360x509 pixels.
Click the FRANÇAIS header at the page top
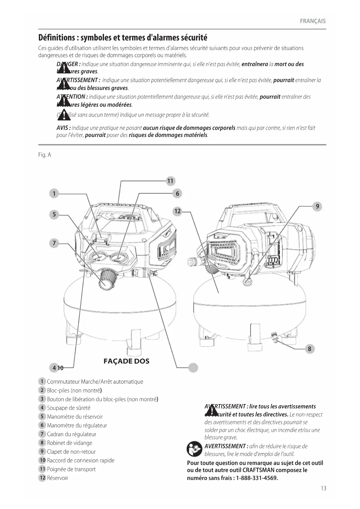(x=313, y=21)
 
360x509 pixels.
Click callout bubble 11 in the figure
(x=170, y=181)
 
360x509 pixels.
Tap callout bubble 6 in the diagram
(x=178, y=194)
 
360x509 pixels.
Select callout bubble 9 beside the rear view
(x=317, y=206)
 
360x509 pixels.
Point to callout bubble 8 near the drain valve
(x=310, y=349)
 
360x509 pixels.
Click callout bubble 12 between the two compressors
(x=178, y=211)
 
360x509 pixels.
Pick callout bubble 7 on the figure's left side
(x=54, y=243)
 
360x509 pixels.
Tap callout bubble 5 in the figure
(x=54, y=215)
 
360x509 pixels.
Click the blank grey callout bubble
(x=193, y=368)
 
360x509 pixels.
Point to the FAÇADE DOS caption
(x=126, y=361)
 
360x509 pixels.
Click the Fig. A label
(x=45, y=155)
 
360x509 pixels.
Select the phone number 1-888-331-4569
(x=257, y=478)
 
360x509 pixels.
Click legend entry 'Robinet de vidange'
(x=70, y=443)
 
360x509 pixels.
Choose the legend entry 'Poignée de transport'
(x=71, y=469)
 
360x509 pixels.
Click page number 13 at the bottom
(x=323, y=488)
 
